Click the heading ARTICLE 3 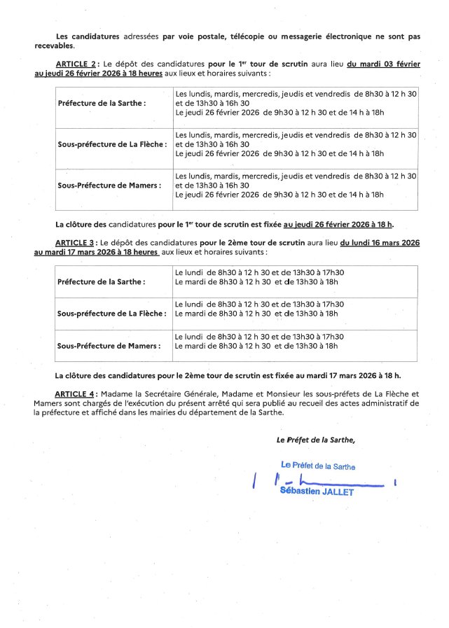pos(78,242)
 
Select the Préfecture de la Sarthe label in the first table pos(101,103)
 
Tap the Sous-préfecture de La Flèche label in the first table pos(111,144)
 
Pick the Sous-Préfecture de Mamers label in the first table pos(109,186)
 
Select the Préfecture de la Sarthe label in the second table pos(101,281)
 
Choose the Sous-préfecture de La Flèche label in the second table pos(111,314)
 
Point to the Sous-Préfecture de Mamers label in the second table pos(109,346)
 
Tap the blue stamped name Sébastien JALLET pos(317,491)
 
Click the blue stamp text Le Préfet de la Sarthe pos(317,466)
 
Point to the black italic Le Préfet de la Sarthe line pos(315,440)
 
